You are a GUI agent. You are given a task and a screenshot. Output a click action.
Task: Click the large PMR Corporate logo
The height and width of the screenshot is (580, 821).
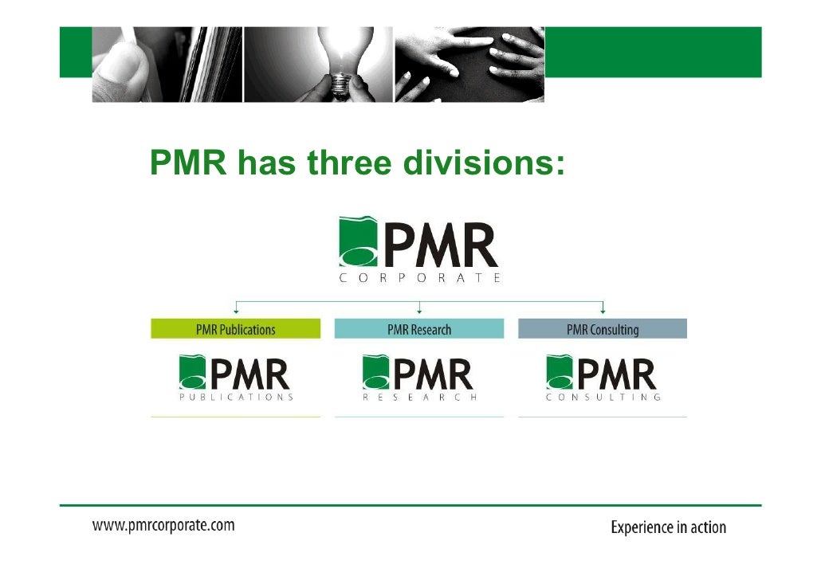(x=419, y=243)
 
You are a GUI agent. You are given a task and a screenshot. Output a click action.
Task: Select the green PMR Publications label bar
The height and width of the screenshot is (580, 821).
(x=235, y=329)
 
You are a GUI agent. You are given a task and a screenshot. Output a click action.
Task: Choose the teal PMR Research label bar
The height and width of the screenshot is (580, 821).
(x=419, y=329)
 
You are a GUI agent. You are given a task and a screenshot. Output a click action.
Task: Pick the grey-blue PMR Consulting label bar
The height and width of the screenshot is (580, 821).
(x=603, y=329)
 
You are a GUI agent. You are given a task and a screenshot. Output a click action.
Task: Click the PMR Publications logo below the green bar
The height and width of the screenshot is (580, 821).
(x=235, y=374)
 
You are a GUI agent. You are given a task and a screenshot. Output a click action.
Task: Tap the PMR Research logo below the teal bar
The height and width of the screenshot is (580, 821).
(x=419, y=374)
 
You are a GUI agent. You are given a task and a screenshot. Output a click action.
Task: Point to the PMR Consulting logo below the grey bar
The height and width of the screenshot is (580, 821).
(x=603, y=374)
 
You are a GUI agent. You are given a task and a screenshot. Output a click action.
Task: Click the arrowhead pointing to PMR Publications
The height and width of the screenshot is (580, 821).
(x=236, y=311)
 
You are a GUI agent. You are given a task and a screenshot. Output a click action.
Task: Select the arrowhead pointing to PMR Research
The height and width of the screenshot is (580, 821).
(x=419, y=311)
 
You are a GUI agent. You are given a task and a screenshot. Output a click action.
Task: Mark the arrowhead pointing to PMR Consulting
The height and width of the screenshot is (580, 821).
(x=603, y=311)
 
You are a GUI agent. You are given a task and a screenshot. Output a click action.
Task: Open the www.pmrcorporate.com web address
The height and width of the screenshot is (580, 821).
(x=163, y=525)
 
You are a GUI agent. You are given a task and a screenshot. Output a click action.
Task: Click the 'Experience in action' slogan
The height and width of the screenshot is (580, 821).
(x=668, y=527)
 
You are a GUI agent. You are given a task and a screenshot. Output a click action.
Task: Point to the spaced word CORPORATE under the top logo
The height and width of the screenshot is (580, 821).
(x=419, y=278)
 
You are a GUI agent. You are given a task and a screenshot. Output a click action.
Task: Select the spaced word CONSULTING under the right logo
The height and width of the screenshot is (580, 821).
(x=603, y=397)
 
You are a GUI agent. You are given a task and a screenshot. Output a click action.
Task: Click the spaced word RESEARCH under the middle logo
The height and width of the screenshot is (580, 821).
(x=419, y=397)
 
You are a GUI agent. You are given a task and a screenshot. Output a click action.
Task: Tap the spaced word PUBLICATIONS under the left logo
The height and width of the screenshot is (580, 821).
(x=236, y=397)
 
